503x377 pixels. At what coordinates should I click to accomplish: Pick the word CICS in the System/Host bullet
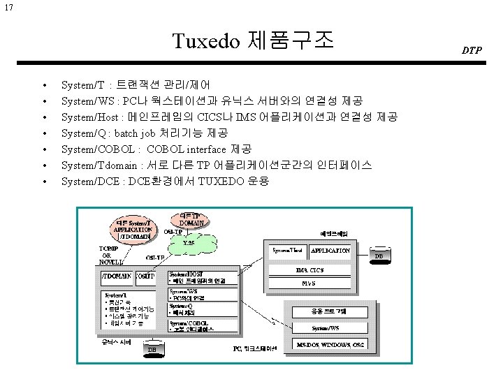click(212, 117)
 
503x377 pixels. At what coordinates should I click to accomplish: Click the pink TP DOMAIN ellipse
click(190, 219)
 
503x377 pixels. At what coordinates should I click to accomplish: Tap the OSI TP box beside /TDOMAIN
click(145, 276)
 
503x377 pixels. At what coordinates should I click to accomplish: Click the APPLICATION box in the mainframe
click(330, 250)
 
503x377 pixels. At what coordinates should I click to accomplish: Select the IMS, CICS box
click(309, 270)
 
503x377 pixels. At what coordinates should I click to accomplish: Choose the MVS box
click(309, 284)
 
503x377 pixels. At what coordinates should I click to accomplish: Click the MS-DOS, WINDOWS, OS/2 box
click(330, 345)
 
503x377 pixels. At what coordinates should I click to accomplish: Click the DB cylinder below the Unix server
click(152, 348)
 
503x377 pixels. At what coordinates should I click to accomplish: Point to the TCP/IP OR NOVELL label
click(112, 255)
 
